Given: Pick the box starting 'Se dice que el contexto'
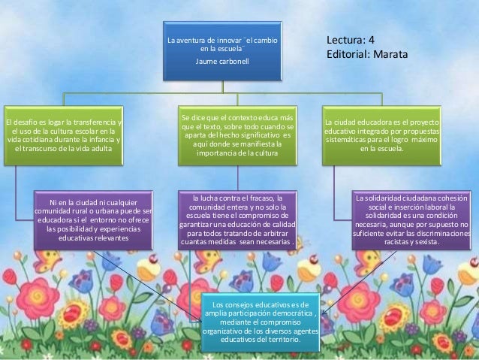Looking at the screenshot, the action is (236, 135).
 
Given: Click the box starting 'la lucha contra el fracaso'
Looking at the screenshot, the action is (236, 219).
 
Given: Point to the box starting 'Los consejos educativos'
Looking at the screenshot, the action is (261, 322).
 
